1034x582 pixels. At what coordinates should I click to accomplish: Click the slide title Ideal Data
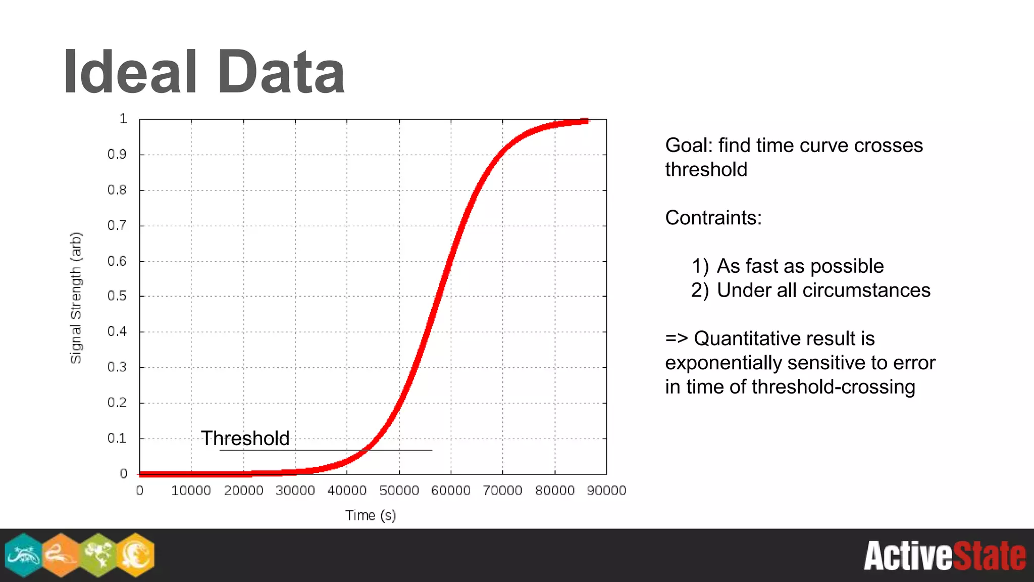(x=204, y=72)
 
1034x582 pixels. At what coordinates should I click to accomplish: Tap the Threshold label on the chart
(x=245, y=438)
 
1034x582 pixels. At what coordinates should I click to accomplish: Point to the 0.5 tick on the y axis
(x=117, y=296)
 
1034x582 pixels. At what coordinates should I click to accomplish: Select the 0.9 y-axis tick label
(x=117, y=155)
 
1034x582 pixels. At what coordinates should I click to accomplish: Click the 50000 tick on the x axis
(x=399, y=491)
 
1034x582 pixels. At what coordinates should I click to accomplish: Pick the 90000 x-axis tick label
(x=606, y=491)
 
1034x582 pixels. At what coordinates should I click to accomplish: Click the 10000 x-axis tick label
(x=191, y=491)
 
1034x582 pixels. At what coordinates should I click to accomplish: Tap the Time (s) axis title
(x=370, y=515)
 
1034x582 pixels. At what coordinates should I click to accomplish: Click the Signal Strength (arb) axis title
(x=76, y=298)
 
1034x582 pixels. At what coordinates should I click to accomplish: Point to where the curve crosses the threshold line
(x=368, y=449)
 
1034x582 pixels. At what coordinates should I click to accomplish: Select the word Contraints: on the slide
(x=713, y=218)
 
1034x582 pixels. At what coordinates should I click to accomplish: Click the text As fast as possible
(x=800, y=266)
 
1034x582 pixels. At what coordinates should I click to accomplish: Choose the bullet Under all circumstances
(x=823, y=290)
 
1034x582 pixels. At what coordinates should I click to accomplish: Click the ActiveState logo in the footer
(x=944, y=556)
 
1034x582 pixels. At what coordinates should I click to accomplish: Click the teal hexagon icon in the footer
(x=23, y=555)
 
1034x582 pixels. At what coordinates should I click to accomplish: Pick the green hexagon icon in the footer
(x=98, y=555)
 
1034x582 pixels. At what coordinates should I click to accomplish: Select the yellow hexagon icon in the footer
(x=135, y=555)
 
